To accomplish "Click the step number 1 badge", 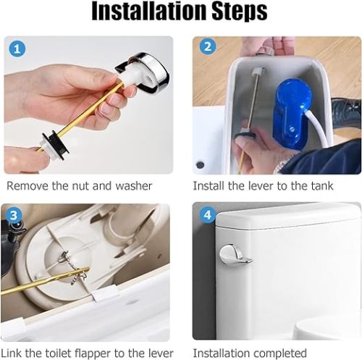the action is click(17, 49).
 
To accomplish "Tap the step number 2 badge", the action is click(208, 47).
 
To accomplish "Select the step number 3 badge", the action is click(14, 215).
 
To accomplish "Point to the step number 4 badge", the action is click(208, 214).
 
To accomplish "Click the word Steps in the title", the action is click(240, 12).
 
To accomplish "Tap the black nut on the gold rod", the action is click(58, 143).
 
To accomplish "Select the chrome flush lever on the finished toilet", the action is click(235, 254).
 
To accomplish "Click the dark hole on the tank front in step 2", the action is click(200, 165).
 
